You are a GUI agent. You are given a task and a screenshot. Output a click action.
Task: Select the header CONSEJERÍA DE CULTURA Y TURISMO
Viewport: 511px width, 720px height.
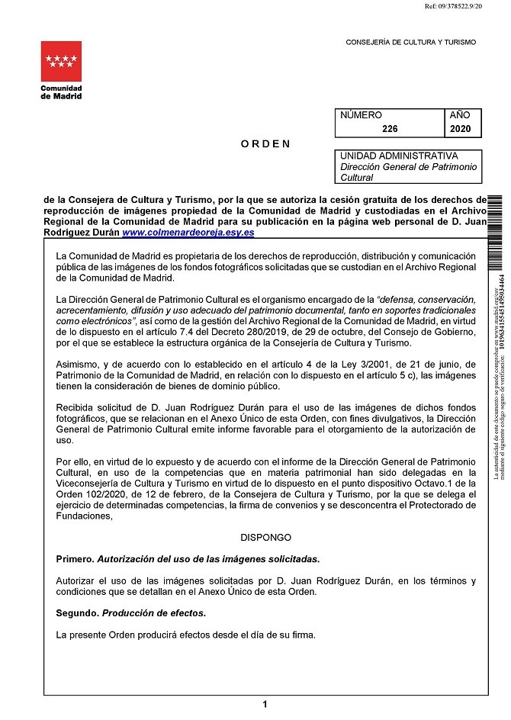point(410,43)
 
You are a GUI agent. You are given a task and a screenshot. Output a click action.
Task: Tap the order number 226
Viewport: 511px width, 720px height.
point(390,130)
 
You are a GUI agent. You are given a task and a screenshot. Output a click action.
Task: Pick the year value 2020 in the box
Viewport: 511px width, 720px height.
point(461,130)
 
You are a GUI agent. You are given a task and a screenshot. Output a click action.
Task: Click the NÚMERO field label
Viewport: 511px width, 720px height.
point(361,115)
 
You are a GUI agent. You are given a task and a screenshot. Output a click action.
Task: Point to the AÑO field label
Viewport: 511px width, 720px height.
point(460,115)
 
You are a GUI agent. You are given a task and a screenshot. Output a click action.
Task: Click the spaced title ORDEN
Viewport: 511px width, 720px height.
point(265,143)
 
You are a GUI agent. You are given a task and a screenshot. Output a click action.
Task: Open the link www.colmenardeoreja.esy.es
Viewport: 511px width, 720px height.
point(188,232)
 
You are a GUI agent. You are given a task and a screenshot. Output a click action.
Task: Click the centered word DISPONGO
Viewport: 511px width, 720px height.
point(265,537)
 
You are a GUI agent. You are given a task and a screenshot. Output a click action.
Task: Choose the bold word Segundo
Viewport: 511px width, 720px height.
point(78,613)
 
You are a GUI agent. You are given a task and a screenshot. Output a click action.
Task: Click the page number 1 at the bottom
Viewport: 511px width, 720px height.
point(265,705)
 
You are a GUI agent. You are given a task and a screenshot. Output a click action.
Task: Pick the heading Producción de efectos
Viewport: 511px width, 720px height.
point(154,613)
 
